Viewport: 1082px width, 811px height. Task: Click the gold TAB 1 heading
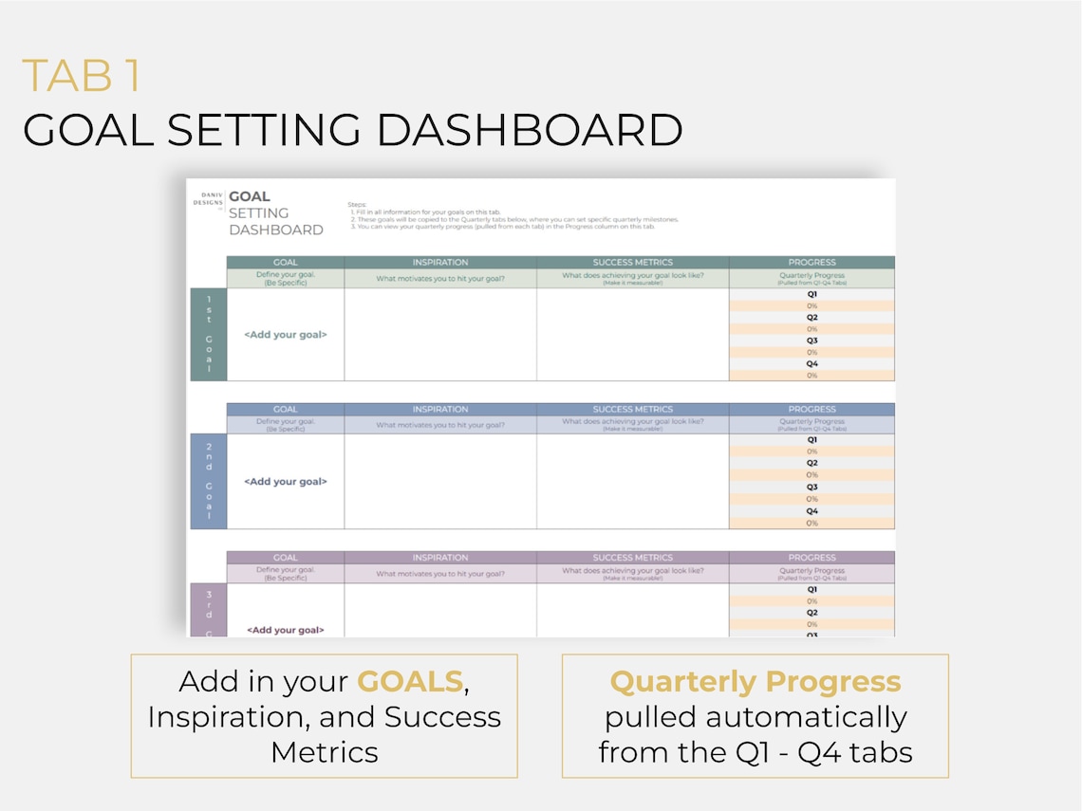click(x=82, y=77)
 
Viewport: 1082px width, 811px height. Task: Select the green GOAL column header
click(x=285, y=263)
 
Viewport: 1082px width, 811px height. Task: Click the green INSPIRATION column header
click(x=440, y=263)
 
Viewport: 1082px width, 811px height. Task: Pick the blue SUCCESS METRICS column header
click(x=632, y=410)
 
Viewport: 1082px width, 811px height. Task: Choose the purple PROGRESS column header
click(x=811, y=558)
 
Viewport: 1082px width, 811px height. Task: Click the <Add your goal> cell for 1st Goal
click(x=285, y=335)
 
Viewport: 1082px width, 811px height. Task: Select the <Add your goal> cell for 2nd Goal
click(x=285, y=482)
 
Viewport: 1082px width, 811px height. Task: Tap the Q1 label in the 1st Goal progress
click(x=811, y=294)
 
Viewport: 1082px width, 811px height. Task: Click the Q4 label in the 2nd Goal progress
click(x=811, y=511)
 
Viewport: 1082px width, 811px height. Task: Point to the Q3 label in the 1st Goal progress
click(x=811, y=341)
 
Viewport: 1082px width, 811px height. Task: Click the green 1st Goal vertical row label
click(x=209, y=335)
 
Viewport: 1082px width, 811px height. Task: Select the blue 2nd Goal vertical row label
click(x=209, y=482)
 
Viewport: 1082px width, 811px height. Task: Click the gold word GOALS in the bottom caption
click(x=409, y=682)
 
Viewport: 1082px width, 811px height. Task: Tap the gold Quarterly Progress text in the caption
click(x=755, y=682)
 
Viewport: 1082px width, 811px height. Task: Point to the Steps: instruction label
click(x=357, y=204)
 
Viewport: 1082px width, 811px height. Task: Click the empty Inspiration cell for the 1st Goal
click(x=440, y=335)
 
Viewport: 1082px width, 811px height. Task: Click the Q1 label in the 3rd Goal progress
click(x=811, y=589)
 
